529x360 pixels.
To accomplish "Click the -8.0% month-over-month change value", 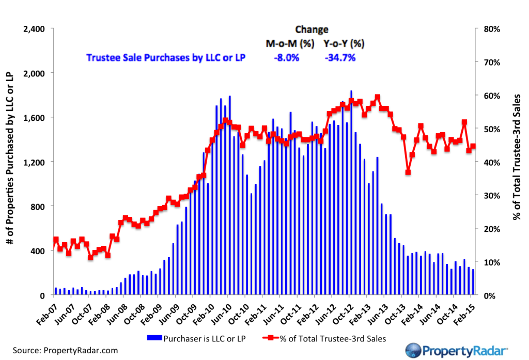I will tap(287, 58).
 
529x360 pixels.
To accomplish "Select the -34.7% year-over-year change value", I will tap(339, 58).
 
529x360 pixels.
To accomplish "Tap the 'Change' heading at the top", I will tap(312, 29).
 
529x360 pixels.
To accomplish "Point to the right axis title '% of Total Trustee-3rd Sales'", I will tap(516, 161).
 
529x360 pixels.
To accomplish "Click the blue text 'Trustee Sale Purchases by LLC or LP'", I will tap(165, 58).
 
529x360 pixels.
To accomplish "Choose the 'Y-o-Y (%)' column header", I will tap(344, 44).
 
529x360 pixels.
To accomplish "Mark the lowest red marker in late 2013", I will tap(408, 172).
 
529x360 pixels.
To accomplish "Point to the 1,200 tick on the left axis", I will tap(34, 162).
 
